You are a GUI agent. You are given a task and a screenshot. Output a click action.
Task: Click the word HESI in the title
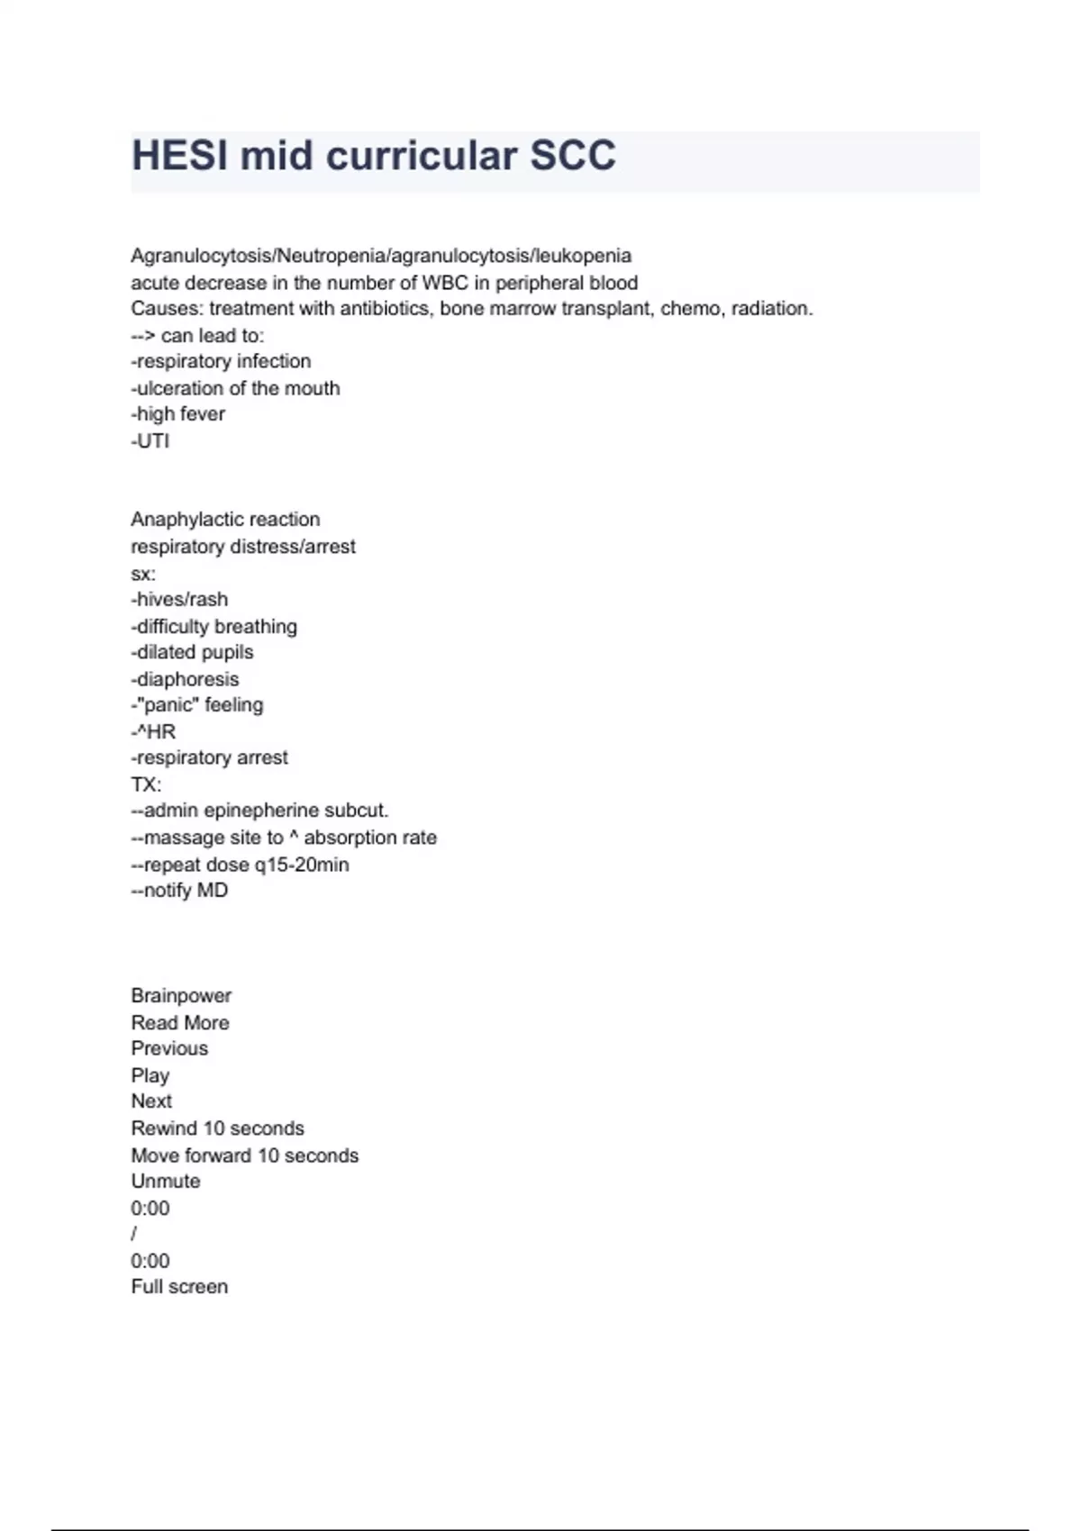click(179, 156)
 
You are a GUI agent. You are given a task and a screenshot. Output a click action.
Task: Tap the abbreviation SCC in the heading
click(572, 156)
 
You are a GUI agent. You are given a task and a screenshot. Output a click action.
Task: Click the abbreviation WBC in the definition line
click(445, 283)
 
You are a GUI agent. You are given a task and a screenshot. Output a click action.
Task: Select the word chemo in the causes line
click(690, 309)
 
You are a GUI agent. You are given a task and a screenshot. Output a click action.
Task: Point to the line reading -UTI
click(150, 441)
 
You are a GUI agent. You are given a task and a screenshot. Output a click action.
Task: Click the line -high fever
click(178, 414)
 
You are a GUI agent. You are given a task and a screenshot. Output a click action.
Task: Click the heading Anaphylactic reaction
click(225, 520)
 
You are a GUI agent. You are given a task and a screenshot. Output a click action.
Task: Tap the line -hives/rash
click(179, 600)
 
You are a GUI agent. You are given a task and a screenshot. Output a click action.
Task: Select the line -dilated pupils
click(192, 652)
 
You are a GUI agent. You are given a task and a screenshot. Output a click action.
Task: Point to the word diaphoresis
click(188, 679)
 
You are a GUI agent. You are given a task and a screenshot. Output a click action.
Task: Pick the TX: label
click(146, 784)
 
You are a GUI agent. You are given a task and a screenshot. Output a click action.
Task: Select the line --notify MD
click(179, 891)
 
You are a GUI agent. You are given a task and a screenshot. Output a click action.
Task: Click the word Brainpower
click(181, 996)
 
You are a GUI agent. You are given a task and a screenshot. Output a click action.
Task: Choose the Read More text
click(180, 1023)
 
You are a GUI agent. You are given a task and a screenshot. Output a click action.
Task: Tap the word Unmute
click(166, 1182)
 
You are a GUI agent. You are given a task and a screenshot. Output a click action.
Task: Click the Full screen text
click(179, 1287)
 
